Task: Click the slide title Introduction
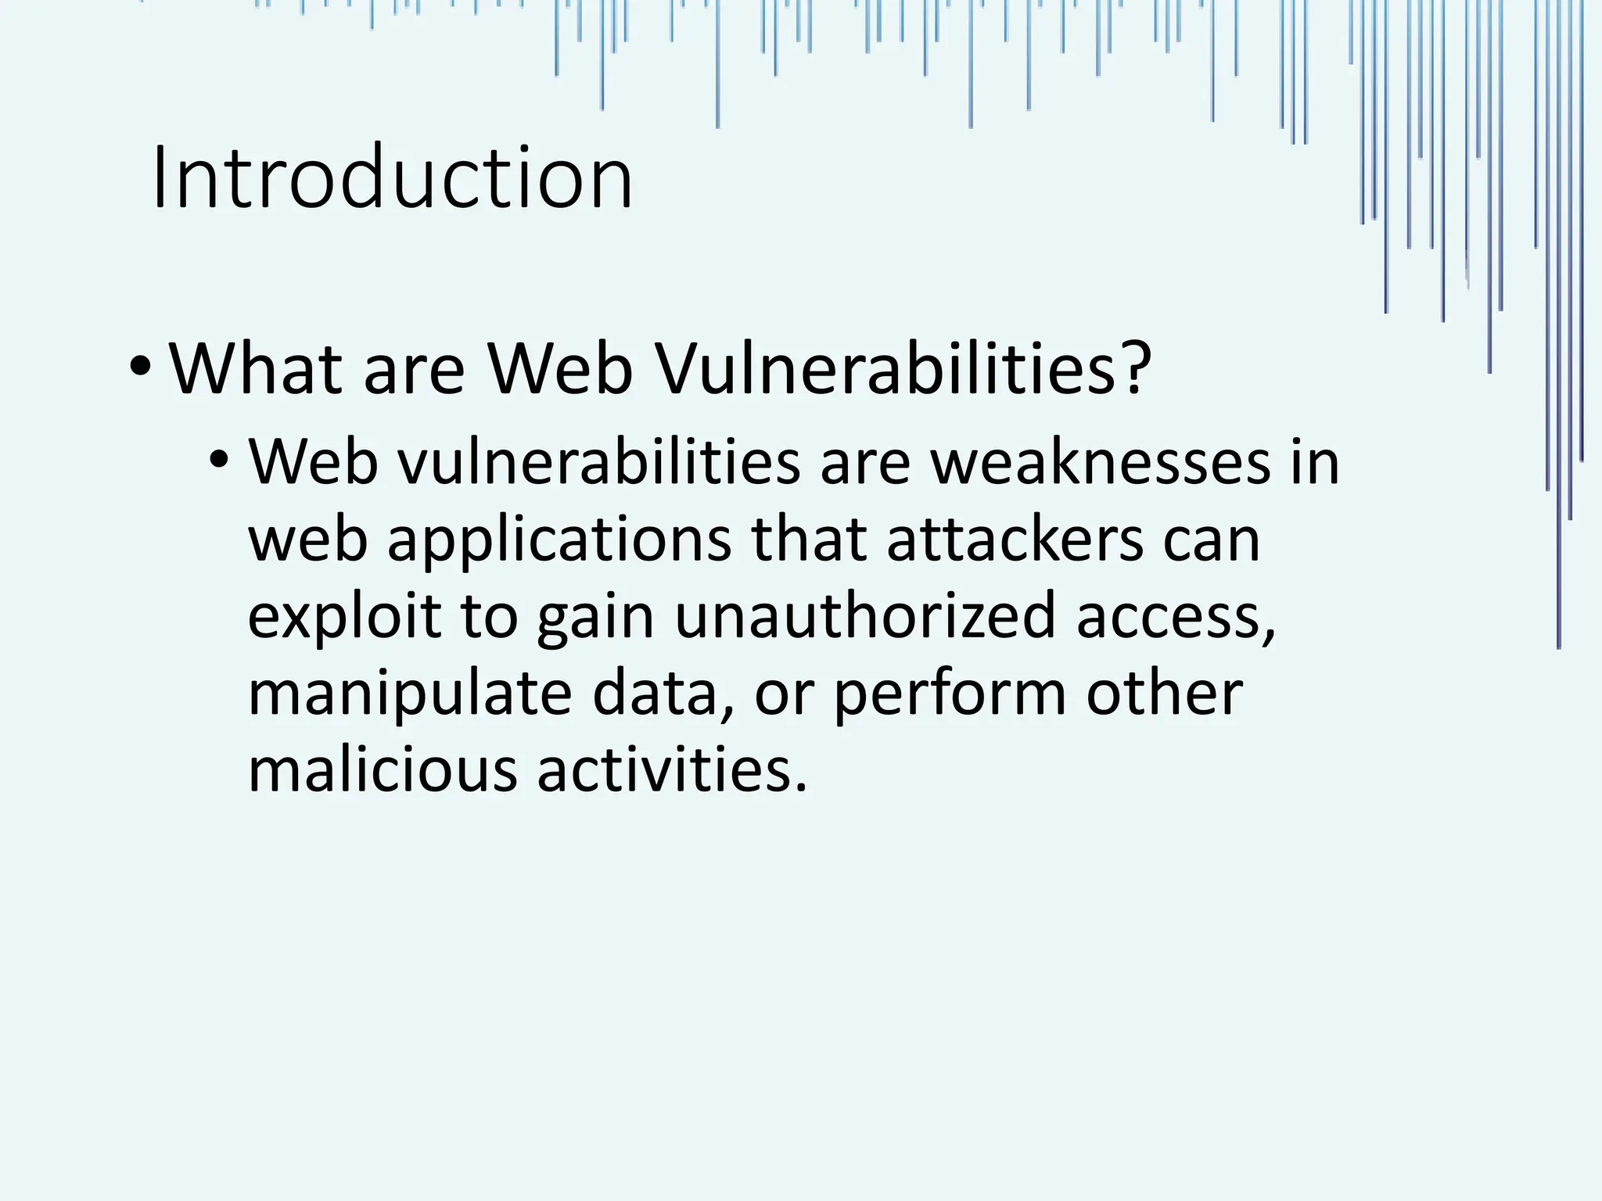(391, 178)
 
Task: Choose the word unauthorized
(865, 616)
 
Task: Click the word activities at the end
(668, 769)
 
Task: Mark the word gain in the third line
(594, 616)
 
